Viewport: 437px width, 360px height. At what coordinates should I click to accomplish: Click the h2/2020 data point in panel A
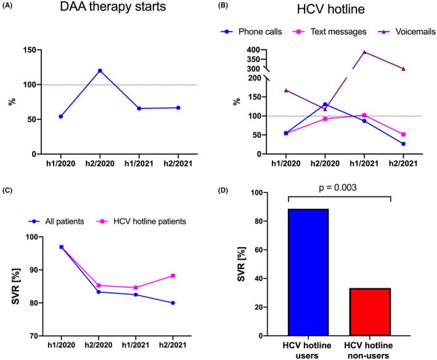click(x=100, y=70)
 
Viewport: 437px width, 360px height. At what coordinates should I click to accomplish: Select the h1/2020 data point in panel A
click(x=60, y=117)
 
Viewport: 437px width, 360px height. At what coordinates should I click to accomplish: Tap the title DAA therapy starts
click(x=103, y=10)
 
